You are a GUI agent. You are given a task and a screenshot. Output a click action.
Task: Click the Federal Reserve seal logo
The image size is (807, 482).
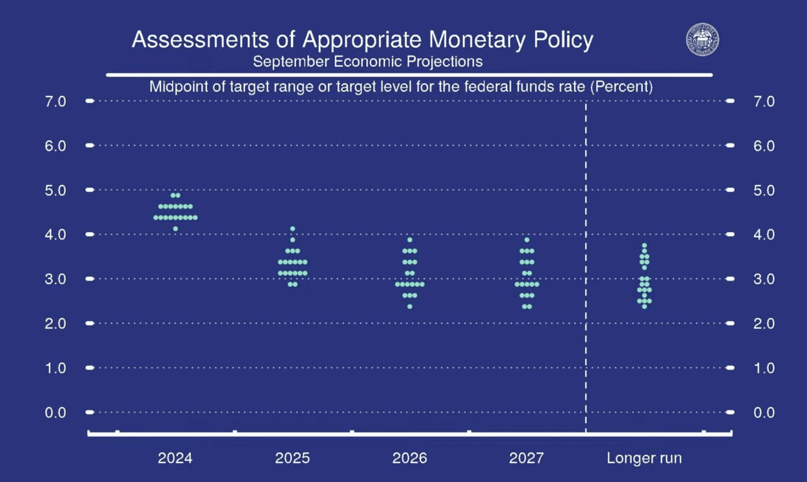click(x=702, y=39)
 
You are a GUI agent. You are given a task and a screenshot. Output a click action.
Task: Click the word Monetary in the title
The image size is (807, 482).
click(x=477, y=39)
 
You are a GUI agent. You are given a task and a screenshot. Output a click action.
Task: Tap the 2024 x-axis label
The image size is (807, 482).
click(x=175, y=458)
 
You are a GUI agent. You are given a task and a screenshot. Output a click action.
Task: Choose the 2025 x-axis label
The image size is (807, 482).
click(x=292, y=458)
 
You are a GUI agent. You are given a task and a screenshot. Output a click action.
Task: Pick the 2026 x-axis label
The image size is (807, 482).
click(x=410, y=458)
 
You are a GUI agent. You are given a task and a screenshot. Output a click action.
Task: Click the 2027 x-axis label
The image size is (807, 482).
click(x=527, y=458)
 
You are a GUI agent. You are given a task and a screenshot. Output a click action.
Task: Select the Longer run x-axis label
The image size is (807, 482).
click(x=644, y=458)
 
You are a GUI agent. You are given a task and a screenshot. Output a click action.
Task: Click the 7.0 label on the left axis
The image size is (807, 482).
click(x=55, y=101)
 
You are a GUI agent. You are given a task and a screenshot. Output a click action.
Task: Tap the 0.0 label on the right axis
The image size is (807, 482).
click(x=764, y=412)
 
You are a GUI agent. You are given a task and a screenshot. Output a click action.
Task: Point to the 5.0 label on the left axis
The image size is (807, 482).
click(x=55, y=190)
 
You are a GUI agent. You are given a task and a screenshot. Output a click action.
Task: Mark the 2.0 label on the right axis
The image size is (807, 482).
click(x=764, y=324)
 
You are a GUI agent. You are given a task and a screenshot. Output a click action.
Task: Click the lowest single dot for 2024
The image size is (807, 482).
click(x=175, y=229)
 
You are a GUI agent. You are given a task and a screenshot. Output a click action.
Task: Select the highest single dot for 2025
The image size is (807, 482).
click(x=292, y=229)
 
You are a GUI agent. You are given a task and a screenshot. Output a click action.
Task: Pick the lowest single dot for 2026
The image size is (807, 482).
click(x=410, y=307)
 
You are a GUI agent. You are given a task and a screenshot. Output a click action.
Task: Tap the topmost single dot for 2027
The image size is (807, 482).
click(x=527, y=240)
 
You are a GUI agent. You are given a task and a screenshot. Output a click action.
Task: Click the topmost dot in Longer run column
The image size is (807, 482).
click(x=644, y=245)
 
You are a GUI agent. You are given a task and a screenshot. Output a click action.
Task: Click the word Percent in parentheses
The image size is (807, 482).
click(x=621, y=86)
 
